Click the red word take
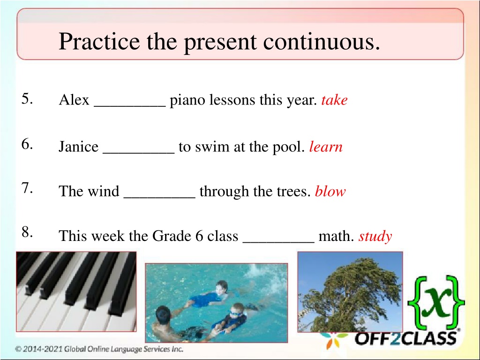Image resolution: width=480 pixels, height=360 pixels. [334, 100]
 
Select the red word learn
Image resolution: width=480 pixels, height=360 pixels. [326, 147]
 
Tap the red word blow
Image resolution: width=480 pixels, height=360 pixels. [330, 191]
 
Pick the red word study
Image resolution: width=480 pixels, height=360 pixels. [375, 237]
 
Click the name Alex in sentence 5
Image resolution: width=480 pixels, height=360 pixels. [74, 100]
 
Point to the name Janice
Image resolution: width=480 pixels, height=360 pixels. [79, 147]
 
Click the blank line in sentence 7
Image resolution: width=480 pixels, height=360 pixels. [159, 197]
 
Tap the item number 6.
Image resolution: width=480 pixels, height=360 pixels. [27, 144]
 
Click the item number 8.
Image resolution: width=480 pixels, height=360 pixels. [27, 232]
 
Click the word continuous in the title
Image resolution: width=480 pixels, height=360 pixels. [322, 41]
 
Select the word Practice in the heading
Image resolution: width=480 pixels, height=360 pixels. [99, 41]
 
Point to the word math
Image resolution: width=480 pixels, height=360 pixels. [336, 236]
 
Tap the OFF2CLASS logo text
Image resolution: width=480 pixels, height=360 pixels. [406, 338]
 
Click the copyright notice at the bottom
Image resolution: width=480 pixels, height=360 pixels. [99, 349]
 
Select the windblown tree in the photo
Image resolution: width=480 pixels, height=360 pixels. [350, 292]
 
